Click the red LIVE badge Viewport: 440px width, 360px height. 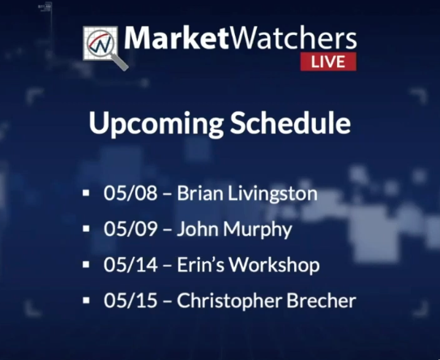328,62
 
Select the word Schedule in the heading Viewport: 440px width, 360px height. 290,122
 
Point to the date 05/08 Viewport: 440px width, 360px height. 130,193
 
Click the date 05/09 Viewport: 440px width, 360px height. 130,229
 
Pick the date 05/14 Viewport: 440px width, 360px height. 130,264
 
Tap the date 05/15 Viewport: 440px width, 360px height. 130,300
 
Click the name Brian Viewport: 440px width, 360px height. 200,193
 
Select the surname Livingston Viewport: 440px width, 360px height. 272,194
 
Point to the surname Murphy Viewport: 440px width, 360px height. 258,229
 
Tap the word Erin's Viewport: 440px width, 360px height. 201,264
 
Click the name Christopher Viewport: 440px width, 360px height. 229,301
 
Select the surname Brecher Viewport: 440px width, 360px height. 322,300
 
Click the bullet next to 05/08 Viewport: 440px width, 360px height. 86,193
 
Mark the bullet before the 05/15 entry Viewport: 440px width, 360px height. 86,300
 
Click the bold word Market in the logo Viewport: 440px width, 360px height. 176,38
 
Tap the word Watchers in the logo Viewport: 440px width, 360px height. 292,38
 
